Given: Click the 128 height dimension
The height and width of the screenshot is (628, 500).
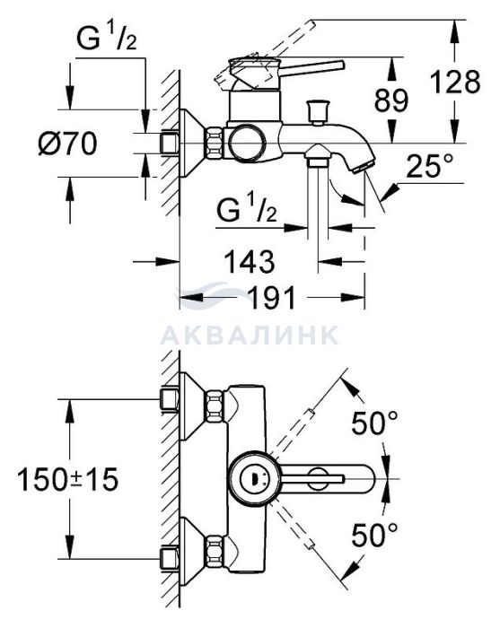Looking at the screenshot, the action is (455, 82).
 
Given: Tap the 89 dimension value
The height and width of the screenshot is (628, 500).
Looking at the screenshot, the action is (391, 100).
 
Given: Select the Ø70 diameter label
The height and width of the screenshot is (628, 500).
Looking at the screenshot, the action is (68, 144).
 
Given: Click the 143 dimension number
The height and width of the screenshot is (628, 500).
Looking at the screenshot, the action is (250, 262).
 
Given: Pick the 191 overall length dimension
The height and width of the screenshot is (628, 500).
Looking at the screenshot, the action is (271, 297).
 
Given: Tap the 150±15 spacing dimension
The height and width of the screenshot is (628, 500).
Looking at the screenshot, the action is (67, 479).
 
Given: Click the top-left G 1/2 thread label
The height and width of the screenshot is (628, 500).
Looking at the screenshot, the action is (107, 38).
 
